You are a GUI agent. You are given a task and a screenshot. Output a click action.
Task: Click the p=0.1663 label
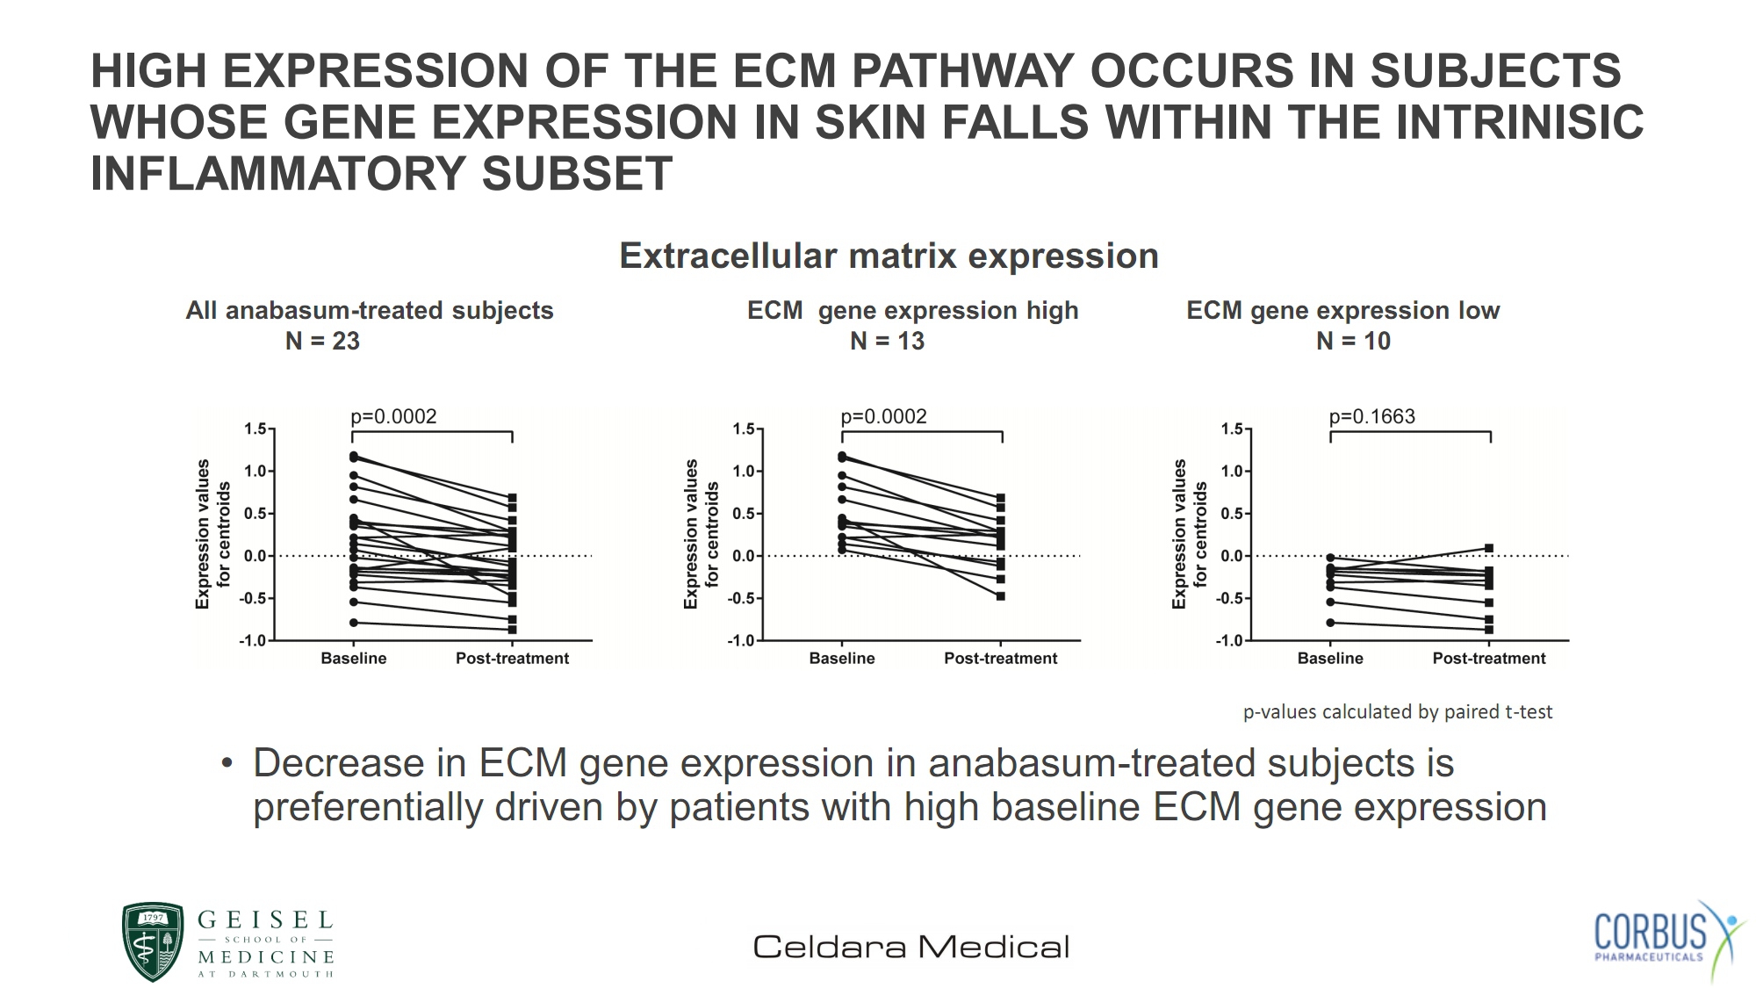1371,416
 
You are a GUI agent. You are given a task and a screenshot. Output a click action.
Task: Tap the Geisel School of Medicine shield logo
153,941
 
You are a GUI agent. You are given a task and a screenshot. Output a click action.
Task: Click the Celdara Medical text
911,947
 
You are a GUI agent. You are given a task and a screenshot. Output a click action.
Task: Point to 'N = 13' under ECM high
887,341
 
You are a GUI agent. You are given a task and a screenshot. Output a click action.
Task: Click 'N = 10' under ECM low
1353,341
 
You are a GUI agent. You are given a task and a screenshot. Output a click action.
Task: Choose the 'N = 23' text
322,341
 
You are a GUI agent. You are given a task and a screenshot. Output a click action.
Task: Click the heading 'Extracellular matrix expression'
889,256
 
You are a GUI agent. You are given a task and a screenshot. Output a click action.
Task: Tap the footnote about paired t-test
1398,711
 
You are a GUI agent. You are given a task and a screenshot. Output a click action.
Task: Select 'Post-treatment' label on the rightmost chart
1489,658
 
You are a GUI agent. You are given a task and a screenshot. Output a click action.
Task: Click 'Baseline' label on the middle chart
842,658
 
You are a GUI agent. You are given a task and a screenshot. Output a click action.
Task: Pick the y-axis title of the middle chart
701,534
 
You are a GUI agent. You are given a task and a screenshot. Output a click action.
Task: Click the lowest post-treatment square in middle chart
1001,596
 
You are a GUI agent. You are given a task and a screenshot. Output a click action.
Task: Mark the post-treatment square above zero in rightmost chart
1489,548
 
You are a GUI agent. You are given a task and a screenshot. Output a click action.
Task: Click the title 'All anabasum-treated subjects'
370,310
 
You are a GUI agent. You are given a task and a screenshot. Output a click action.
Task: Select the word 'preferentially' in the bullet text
368,808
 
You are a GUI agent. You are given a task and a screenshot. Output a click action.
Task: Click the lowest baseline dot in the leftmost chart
354,623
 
